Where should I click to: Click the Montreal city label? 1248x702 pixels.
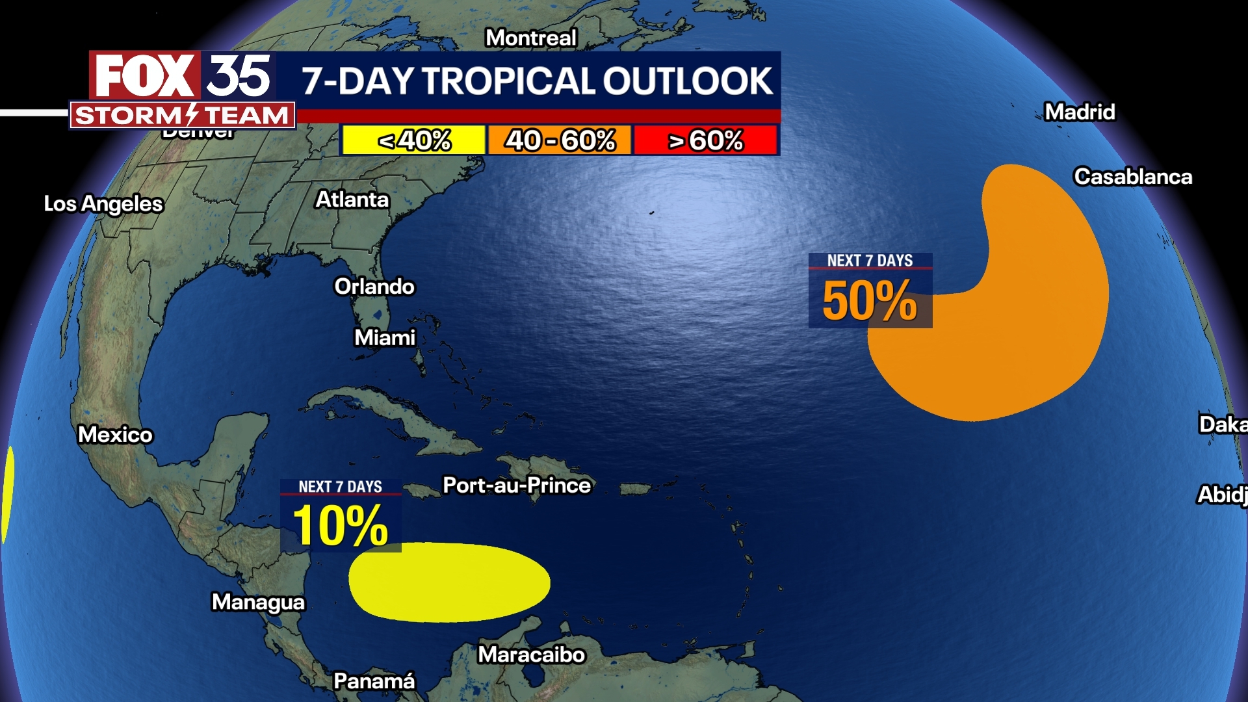coord(531,38)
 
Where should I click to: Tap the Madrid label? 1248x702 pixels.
coord(1080,112)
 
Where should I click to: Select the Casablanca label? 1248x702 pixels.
coord(1133,176)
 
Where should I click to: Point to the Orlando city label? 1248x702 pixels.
coord(374,286)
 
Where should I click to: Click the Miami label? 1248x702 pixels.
coord(385,337)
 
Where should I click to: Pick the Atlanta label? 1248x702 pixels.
coord(352,199)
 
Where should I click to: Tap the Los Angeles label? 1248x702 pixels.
coord(103,203)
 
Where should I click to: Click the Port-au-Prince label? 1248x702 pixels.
coord(517,485)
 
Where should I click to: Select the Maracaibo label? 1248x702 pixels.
coord(532,654)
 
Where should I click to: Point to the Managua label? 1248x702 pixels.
coord(258,602)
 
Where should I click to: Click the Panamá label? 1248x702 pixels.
coord(374,681)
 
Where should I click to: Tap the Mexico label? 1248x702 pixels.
coord(115,434)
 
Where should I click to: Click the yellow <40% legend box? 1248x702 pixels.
coord(414,140)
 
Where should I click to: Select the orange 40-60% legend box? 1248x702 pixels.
coord(560,140)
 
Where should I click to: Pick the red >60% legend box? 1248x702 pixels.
coord(706,140)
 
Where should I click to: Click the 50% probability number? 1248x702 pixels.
coord(869,301)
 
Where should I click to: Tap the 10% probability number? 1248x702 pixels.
coord(340,525)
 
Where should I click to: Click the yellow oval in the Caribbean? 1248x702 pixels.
coord(449,582)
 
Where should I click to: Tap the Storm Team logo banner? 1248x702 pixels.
coord(182,116)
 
